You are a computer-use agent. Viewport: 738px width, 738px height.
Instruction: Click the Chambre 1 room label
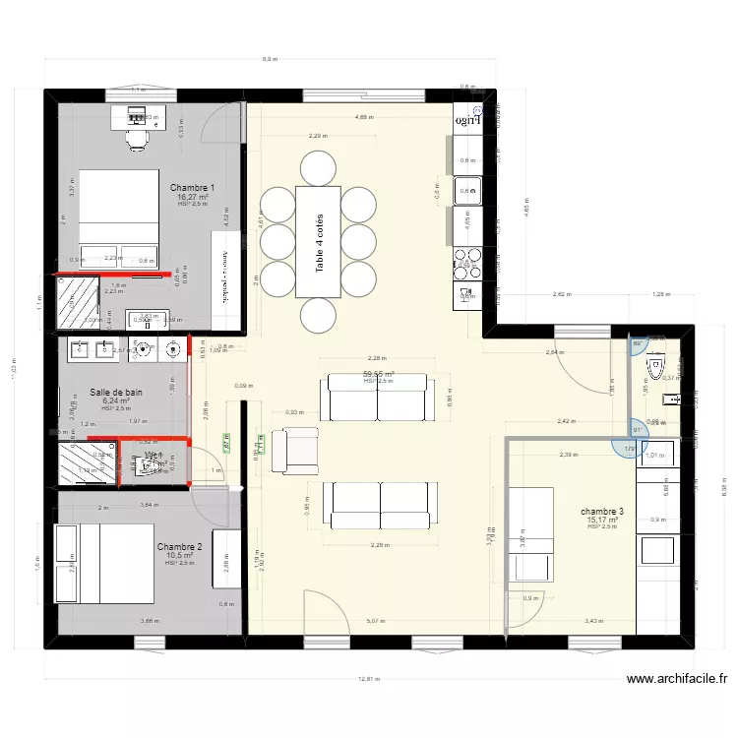(x=192, y=187)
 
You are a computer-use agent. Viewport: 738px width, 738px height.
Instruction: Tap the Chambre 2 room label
(x=179, y=546)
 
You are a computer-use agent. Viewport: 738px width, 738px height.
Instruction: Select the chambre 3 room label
(x=602, y=512)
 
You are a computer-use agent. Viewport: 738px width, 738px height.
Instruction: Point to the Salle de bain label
(x=116, y=392)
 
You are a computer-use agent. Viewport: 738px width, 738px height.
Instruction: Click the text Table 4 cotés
(x=320, y=242)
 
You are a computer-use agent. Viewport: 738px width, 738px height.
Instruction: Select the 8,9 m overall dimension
(x=270, y=60)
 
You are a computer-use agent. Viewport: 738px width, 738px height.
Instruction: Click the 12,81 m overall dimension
(x=368, y=679)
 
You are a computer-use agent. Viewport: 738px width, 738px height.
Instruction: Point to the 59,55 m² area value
(x=378, y=374)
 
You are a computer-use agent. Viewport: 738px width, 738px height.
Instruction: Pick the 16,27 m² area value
(x=192, y=197)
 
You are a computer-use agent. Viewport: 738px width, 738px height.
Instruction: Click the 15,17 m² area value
(x=602, y=521)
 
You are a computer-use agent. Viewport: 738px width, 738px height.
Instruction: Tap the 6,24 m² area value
(x=116, y=401)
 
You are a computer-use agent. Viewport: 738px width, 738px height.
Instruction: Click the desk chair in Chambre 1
(x=136, y=140)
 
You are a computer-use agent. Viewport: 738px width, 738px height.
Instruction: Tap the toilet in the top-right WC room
(x=653, y=367)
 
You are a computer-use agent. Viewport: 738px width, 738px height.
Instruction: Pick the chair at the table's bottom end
(x=319, y=316)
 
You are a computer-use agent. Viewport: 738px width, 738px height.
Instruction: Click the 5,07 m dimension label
(x=375, y=621)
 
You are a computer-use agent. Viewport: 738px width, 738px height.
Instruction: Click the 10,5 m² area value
(x=179, y=555)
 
